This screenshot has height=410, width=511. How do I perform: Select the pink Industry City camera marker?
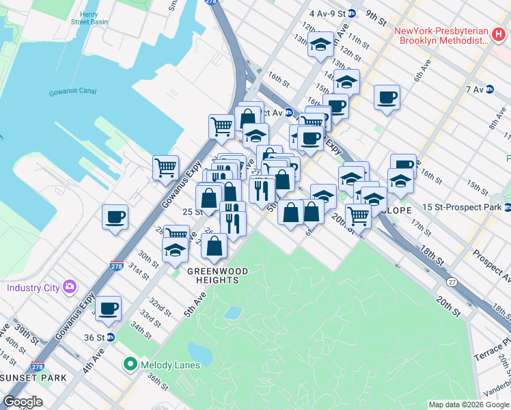pos(69,287)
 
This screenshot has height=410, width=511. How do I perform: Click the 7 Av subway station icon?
pos(489,90)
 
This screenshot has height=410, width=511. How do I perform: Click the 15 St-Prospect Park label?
pos(462,207)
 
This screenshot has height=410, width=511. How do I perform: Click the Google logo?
pos(23,402)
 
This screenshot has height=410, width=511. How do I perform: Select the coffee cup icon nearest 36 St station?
pos(108,307)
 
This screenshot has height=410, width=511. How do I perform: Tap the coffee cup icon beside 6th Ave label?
pos(387,96)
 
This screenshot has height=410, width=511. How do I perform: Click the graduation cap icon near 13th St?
pos(320,45)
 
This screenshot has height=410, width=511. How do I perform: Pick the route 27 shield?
pos(452,282)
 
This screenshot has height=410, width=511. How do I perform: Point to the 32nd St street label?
pos(161,304)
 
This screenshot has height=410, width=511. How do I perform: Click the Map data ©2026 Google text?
pos(468,404)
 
